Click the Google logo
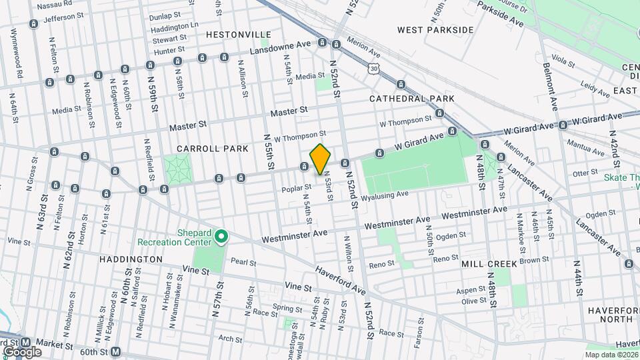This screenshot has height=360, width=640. pyautogui.click(x=21, y=351)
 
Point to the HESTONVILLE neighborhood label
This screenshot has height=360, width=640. pyautogui.click(x=239, y=34)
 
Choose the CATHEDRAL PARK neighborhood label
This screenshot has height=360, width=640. pyautogui.click(x=412, y=99)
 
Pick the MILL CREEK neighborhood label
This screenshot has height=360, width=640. pyautogui.click(x=489, y=264)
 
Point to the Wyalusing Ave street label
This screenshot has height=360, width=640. pyautogui.click(x=384, y=196)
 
